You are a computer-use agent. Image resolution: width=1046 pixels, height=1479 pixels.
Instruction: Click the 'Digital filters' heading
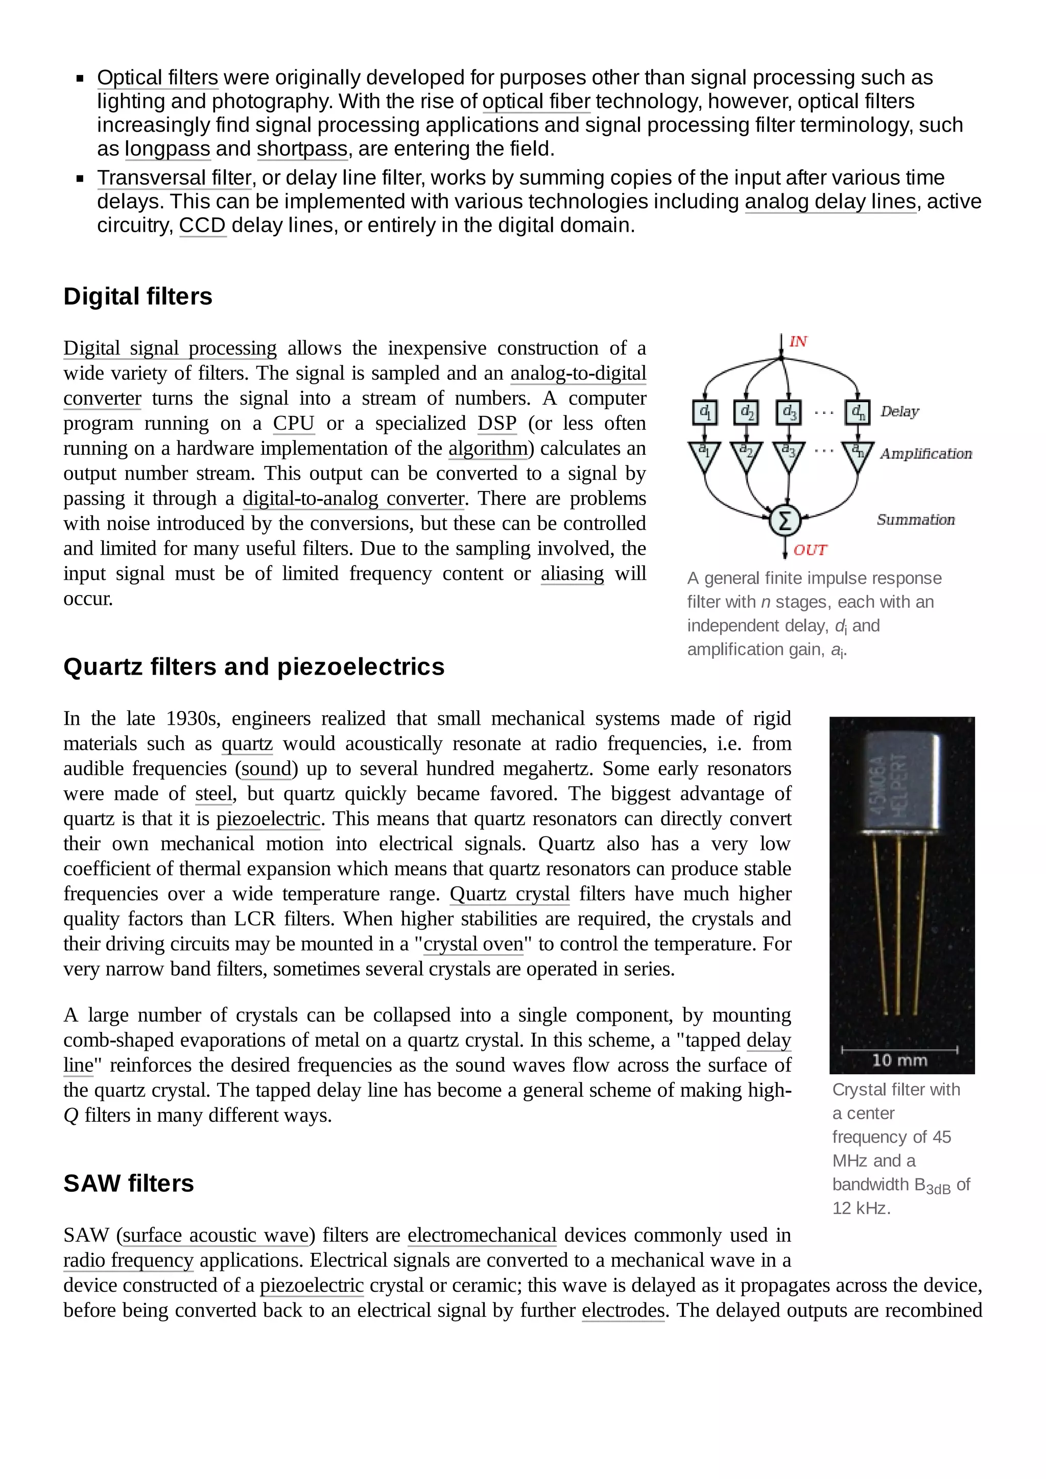pos(137,297)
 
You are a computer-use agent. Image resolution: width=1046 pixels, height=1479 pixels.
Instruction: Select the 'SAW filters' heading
pos(128,1184)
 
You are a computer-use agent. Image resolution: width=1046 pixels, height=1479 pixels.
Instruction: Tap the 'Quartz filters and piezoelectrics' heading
pos(254,667)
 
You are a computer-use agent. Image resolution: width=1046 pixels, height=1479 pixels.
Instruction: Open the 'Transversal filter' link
pos(174,178)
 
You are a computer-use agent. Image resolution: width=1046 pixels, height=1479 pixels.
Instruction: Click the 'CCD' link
pos(202,226)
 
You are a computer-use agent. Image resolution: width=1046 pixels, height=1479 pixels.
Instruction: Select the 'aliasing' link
pos(573,573)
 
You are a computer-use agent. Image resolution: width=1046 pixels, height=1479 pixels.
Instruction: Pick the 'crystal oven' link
pos(473,944)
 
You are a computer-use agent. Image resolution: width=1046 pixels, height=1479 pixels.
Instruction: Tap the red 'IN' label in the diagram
pos(798,341)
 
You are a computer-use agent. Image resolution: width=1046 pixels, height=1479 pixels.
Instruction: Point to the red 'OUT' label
pos(810,550)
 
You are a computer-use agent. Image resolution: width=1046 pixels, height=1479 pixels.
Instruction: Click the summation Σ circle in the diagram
pos(785,521)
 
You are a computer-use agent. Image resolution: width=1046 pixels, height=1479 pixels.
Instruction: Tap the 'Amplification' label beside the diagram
pos(925,454)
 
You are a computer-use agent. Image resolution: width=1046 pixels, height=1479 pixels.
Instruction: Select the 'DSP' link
pos(497,423)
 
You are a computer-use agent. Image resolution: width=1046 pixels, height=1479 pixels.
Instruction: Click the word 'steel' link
pos(213,794)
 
